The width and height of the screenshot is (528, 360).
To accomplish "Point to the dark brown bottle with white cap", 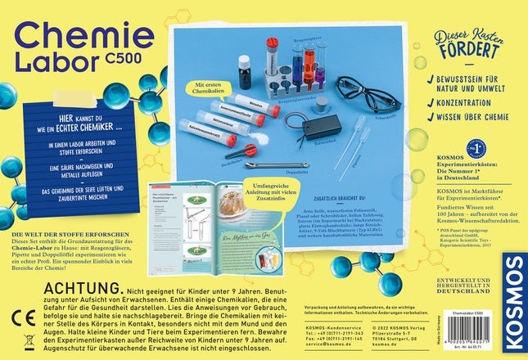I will point(244,71).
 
